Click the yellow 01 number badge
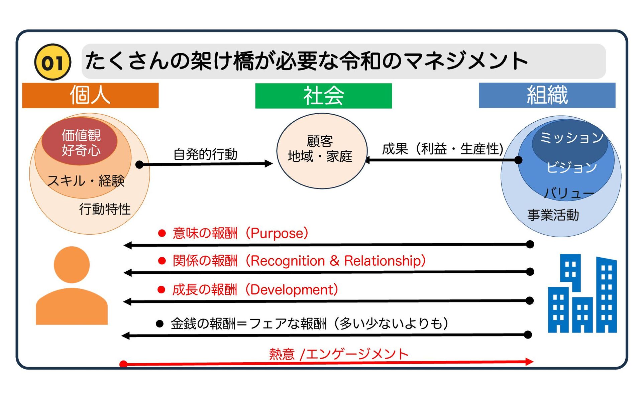(52, 62)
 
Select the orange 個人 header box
(90, 95)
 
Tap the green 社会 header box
(323, 96)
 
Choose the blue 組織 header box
(547, 95)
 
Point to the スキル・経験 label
(86, 181)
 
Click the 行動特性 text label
(105, 209)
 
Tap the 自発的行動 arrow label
(205, 154)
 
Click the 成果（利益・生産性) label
(443, 149)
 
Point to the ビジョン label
(571, 167)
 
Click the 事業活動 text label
(553, 215)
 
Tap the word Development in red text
(292, 290)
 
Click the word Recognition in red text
(287, 261)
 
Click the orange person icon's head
(72, 264)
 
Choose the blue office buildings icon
(582, 294)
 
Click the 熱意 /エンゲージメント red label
(339, 354)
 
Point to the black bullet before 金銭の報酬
(160, 323)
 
